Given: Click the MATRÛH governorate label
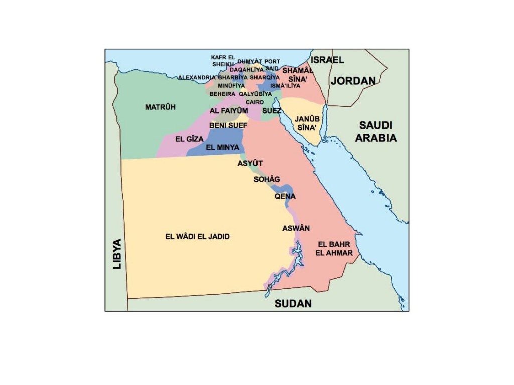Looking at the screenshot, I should point(160,107).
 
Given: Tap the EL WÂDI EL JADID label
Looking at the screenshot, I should point(197,236).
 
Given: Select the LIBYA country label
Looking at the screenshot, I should point(117,254).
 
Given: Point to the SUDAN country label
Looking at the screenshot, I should point(293,303).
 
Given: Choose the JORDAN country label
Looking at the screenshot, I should point(353,81).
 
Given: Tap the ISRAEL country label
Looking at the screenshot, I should point(328,60).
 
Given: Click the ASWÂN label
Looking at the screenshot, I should point(296,228).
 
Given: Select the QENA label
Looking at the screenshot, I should point(285,196).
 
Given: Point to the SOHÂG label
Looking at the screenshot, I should point(267,179).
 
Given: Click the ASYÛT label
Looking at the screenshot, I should point(250,163).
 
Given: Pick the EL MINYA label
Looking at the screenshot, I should point(222,147).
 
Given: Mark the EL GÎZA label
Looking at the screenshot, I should point(189,139).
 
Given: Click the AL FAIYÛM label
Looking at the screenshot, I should point(229,111).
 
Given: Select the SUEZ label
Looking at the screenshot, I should point(272,110).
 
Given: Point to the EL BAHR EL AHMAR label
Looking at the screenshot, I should point(334,249).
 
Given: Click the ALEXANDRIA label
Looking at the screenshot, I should point(197,78).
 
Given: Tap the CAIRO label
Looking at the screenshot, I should point(254,102).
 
